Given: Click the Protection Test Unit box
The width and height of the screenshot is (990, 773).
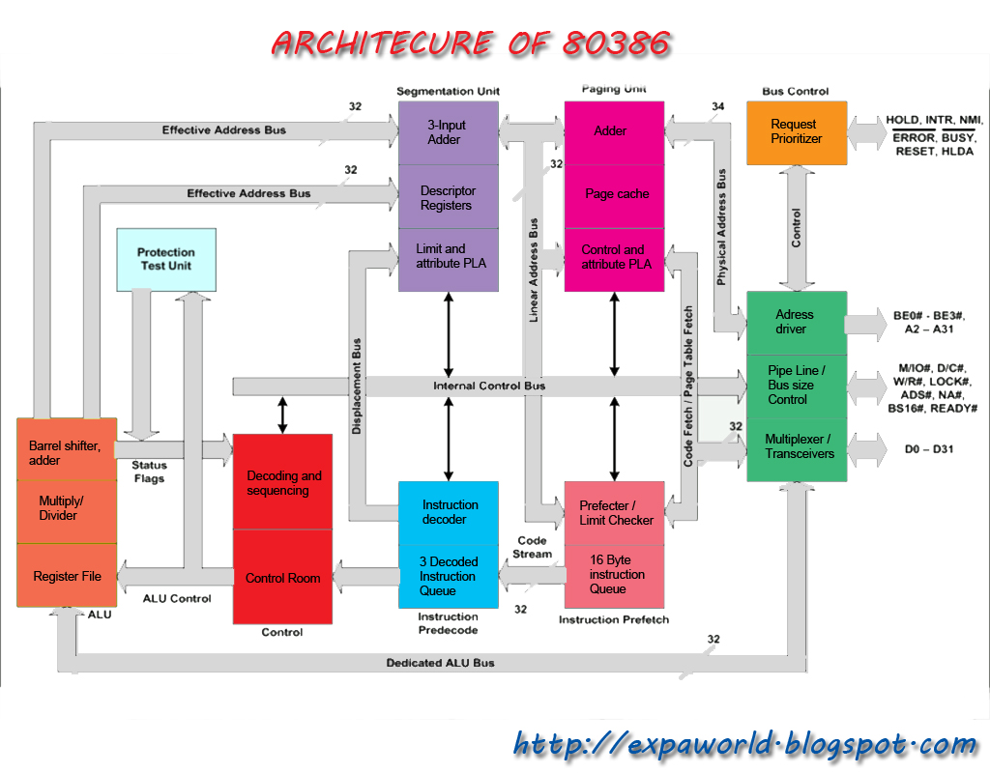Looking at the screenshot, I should click(x=165, y=259).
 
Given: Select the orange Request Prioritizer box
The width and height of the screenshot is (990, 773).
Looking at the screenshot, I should click(x=797, y=131).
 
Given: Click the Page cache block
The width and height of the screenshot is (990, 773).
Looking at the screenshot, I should click(x=616, y=194).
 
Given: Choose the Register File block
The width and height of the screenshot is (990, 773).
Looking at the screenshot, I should click(x=67, y=577).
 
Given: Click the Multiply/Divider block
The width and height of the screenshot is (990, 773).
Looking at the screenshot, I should click(x=67, y=508).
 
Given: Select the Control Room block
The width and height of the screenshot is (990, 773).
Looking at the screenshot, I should click(x=282, y=578).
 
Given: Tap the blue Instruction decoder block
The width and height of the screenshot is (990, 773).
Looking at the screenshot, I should click(x=449, y=512).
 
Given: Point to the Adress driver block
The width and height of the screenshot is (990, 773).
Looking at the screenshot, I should click(x=797, y=322).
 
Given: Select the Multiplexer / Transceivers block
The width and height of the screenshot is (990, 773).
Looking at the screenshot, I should click(x=797, y=446).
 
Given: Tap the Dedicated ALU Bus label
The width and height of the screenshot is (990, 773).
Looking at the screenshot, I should click(x=440, y=663).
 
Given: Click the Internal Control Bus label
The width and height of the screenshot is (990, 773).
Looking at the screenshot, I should click(x=488, y=386).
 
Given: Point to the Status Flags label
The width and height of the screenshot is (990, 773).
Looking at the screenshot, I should click(x=148, y=472).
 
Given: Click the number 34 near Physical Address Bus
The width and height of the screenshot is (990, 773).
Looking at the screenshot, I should click(x=717, y=106).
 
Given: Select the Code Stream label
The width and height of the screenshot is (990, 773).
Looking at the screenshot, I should click(x=532, y=547).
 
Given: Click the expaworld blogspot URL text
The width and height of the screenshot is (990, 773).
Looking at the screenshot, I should click(x=744, y=745).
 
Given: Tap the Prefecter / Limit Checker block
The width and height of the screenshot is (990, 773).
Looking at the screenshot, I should click(x=616, y=513).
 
